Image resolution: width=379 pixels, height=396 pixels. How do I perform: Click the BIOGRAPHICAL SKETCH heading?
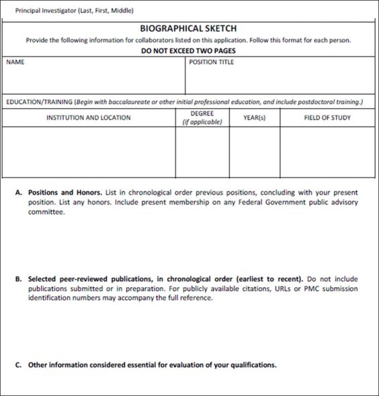click(188, 29)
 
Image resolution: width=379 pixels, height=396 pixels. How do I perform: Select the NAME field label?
click(15, 62)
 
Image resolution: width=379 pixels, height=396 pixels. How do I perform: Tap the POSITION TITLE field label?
click(212, 62)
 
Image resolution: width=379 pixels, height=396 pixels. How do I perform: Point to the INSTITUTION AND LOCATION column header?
click(89, 117)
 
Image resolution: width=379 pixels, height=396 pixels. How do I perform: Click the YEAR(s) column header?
click(254, 117)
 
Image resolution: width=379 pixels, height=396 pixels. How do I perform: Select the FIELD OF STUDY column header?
click(327, 117)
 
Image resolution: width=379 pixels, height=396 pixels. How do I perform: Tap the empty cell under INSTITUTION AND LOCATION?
click(89, 152)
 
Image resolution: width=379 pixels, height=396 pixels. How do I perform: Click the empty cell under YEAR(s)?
click(254, 152)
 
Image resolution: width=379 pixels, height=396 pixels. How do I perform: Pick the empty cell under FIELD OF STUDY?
click(327, 152)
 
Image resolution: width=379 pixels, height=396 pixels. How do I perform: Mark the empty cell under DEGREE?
click(202, 152)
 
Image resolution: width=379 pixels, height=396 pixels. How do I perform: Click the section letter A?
click(17, 193)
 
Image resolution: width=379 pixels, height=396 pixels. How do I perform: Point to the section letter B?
click(17, 279)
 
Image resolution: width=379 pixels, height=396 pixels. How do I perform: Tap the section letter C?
click(17, 365)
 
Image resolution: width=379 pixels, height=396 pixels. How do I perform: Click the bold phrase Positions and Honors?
click(64, 193)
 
